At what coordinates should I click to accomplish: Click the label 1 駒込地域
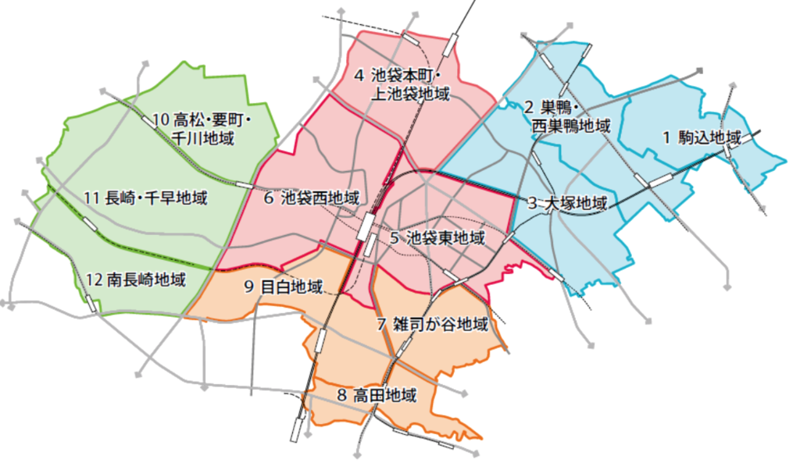[x=702, y=138]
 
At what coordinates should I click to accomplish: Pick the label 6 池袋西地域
[x=310, y=198]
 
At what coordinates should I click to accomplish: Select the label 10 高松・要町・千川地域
[x=202, y=129]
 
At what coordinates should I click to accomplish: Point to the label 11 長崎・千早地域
[x=145, y=198]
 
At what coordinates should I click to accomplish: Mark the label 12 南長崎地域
[x=136, y=280]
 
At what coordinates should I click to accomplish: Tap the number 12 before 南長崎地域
[x=95, y=280]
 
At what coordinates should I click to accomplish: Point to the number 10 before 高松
[x=161, y=120]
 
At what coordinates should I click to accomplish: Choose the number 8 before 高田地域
[x=341, y=395]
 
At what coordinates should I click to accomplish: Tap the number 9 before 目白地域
[x=248, y=287]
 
